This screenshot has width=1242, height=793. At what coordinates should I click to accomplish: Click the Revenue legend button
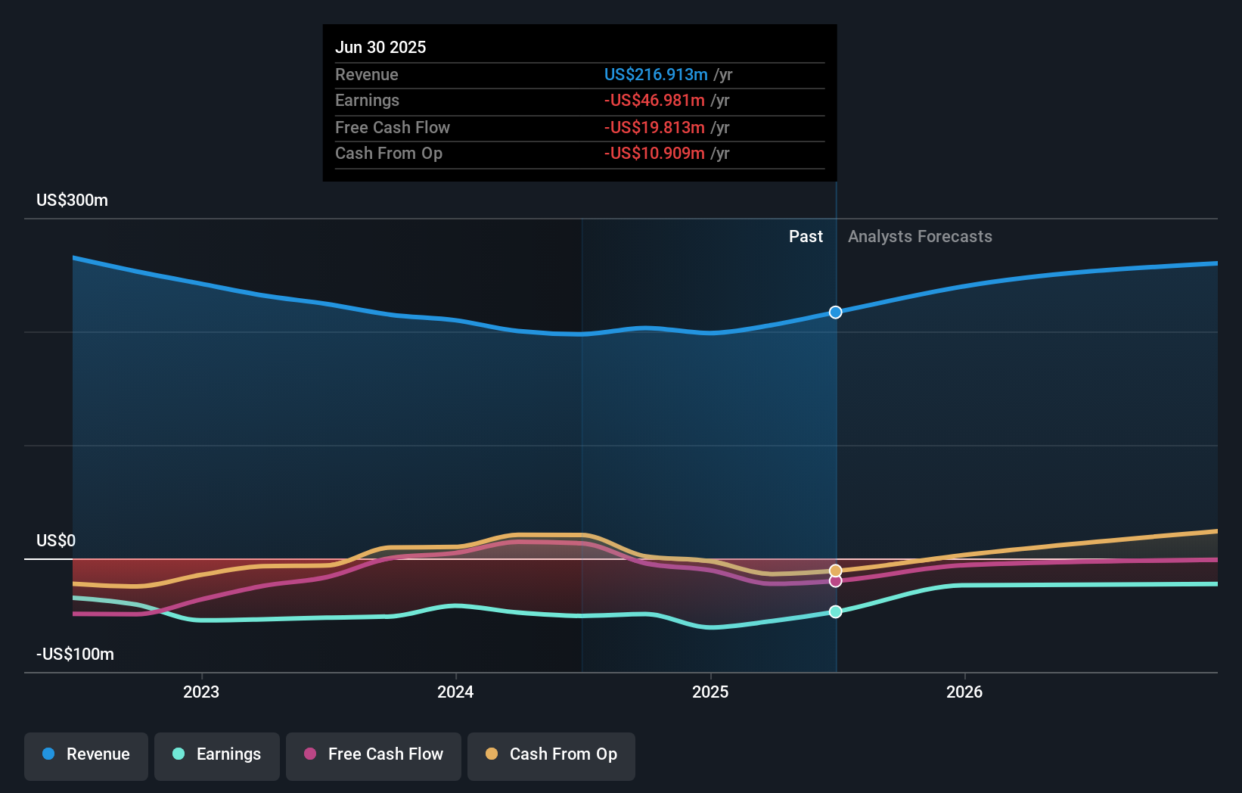86,754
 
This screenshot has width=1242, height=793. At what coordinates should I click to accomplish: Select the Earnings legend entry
217,754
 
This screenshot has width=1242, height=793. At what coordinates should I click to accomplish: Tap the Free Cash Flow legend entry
374,754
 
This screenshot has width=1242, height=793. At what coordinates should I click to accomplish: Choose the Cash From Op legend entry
551,754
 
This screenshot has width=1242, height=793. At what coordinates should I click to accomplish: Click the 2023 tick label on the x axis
201,692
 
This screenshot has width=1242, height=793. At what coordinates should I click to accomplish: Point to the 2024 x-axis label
455,692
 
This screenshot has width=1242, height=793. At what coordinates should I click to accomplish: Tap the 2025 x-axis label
710,692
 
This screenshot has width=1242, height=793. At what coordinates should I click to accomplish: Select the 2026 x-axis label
964,692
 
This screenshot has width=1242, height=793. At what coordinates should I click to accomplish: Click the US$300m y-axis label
72,201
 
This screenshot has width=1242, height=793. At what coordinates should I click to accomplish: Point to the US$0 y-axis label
56,540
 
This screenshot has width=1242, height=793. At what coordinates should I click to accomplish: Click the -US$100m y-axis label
75,654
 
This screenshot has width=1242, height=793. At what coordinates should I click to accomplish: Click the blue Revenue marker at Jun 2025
835,313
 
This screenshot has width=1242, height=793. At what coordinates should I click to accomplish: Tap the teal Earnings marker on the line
835,611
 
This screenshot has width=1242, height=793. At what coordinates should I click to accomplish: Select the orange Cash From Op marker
835,571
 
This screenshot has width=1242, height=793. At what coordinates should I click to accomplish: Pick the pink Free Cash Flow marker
835,581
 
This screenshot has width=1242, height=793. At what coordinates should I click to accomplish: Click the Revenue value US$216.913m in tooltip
656,74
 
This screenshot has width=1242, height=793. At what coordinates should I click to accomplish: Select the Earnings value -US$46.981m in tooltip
654,101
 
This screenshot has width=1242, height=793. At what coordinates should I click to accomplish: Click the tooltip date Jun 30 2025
380,47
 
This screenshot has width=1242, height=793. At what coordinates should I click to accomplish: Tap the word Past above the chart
806,237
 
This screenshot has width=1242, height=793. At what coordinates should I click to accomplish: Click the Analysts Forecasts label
920,237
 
